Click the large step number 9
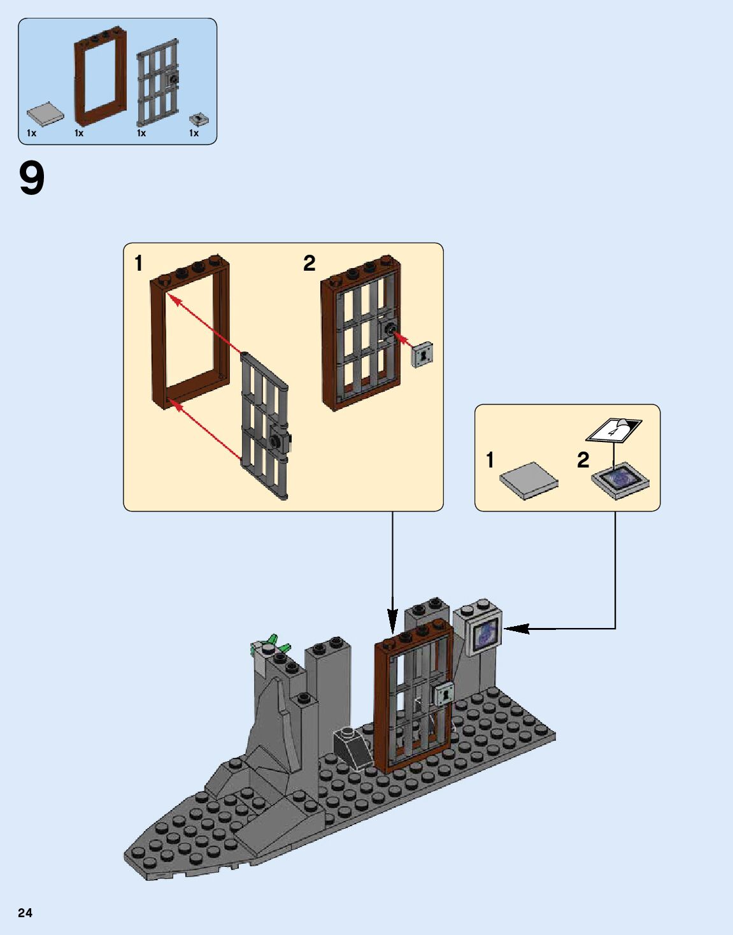[x=32, y=179]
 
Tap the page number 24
[x=25, y=913]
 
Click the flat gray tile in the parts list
[x=45, y=114]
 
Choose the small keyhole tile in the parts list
[x=200, y=119]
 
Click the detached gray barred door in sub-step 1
[x=264, y=426]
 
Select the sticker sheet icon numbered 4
[x=613, y=430]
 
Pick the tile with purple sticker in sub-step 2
[x=621, y=480]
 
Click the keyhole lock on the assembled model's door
[x=444, y=692]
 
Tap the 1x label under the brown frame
[x=79, y=134]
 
